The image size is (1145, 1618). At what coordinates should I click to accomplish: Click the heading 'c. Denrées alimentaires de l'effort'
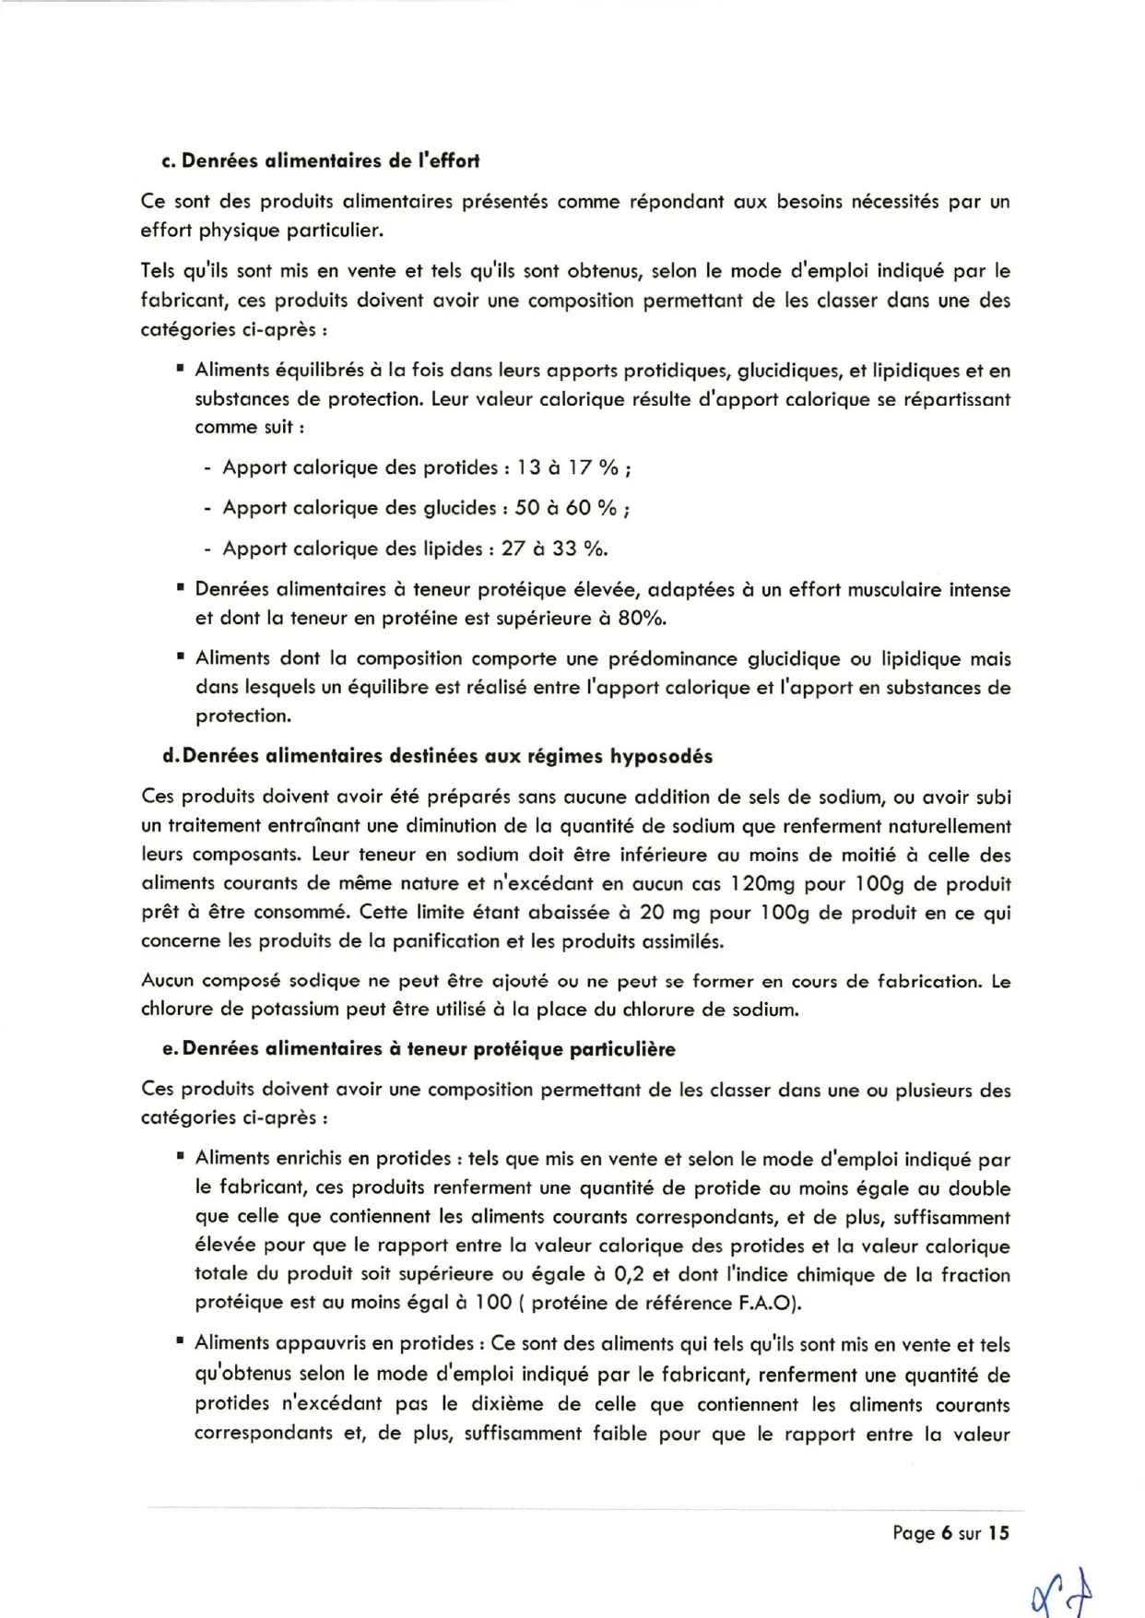coord(320,160)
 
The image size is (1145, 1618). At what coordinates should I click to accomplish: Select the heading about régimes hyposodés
coord(438,756)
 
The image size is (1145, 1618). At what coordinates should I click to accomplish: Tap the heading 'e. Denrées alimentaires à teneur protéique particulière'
coord(419,1048)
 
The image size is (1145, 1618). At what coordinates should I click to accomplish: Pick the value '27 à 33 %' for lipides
coord(552,549)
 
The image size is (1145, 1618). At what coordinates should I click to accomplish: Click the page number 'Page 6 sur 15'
coord(950,1532)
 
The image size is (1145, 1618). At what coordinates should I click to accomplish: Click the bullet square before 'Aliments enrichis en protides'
coord(180,1156)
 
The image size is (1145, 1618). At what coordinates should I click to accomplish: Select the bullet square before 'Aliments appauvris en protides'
coord(180,1342)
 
